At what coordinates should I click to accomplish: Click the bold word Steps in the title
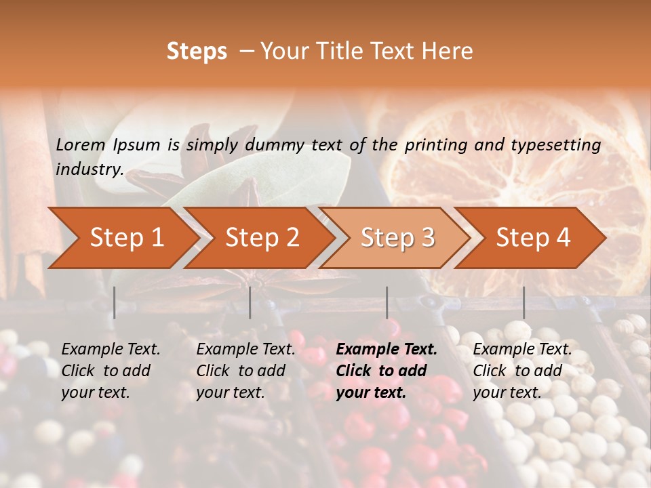coord(197,52)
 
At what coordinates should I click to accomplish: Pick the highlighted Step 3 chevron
coord(397,238)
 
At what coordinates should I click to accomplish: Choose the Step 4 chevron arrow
coord(533,238)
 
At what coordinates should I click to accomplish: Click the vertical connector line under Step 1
coord(115,302)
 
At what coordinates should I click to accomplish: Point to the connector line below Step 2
coord(250,302)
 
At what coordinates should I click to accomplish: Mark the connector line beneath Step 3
coord(387,302)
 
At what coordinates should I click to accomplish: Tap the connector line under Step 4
coord(524,302)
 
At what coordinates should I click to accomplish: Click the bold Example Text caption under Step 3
coord(387,371)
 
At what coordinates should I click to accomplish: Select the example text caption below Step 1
coord(111,371)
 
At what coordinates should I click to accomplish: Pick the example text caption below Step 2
coord(245,371)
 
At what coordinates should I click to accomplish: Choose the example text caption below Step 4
coord(522,371)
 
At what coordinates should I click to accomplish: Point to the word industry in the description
coord(90,169)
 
